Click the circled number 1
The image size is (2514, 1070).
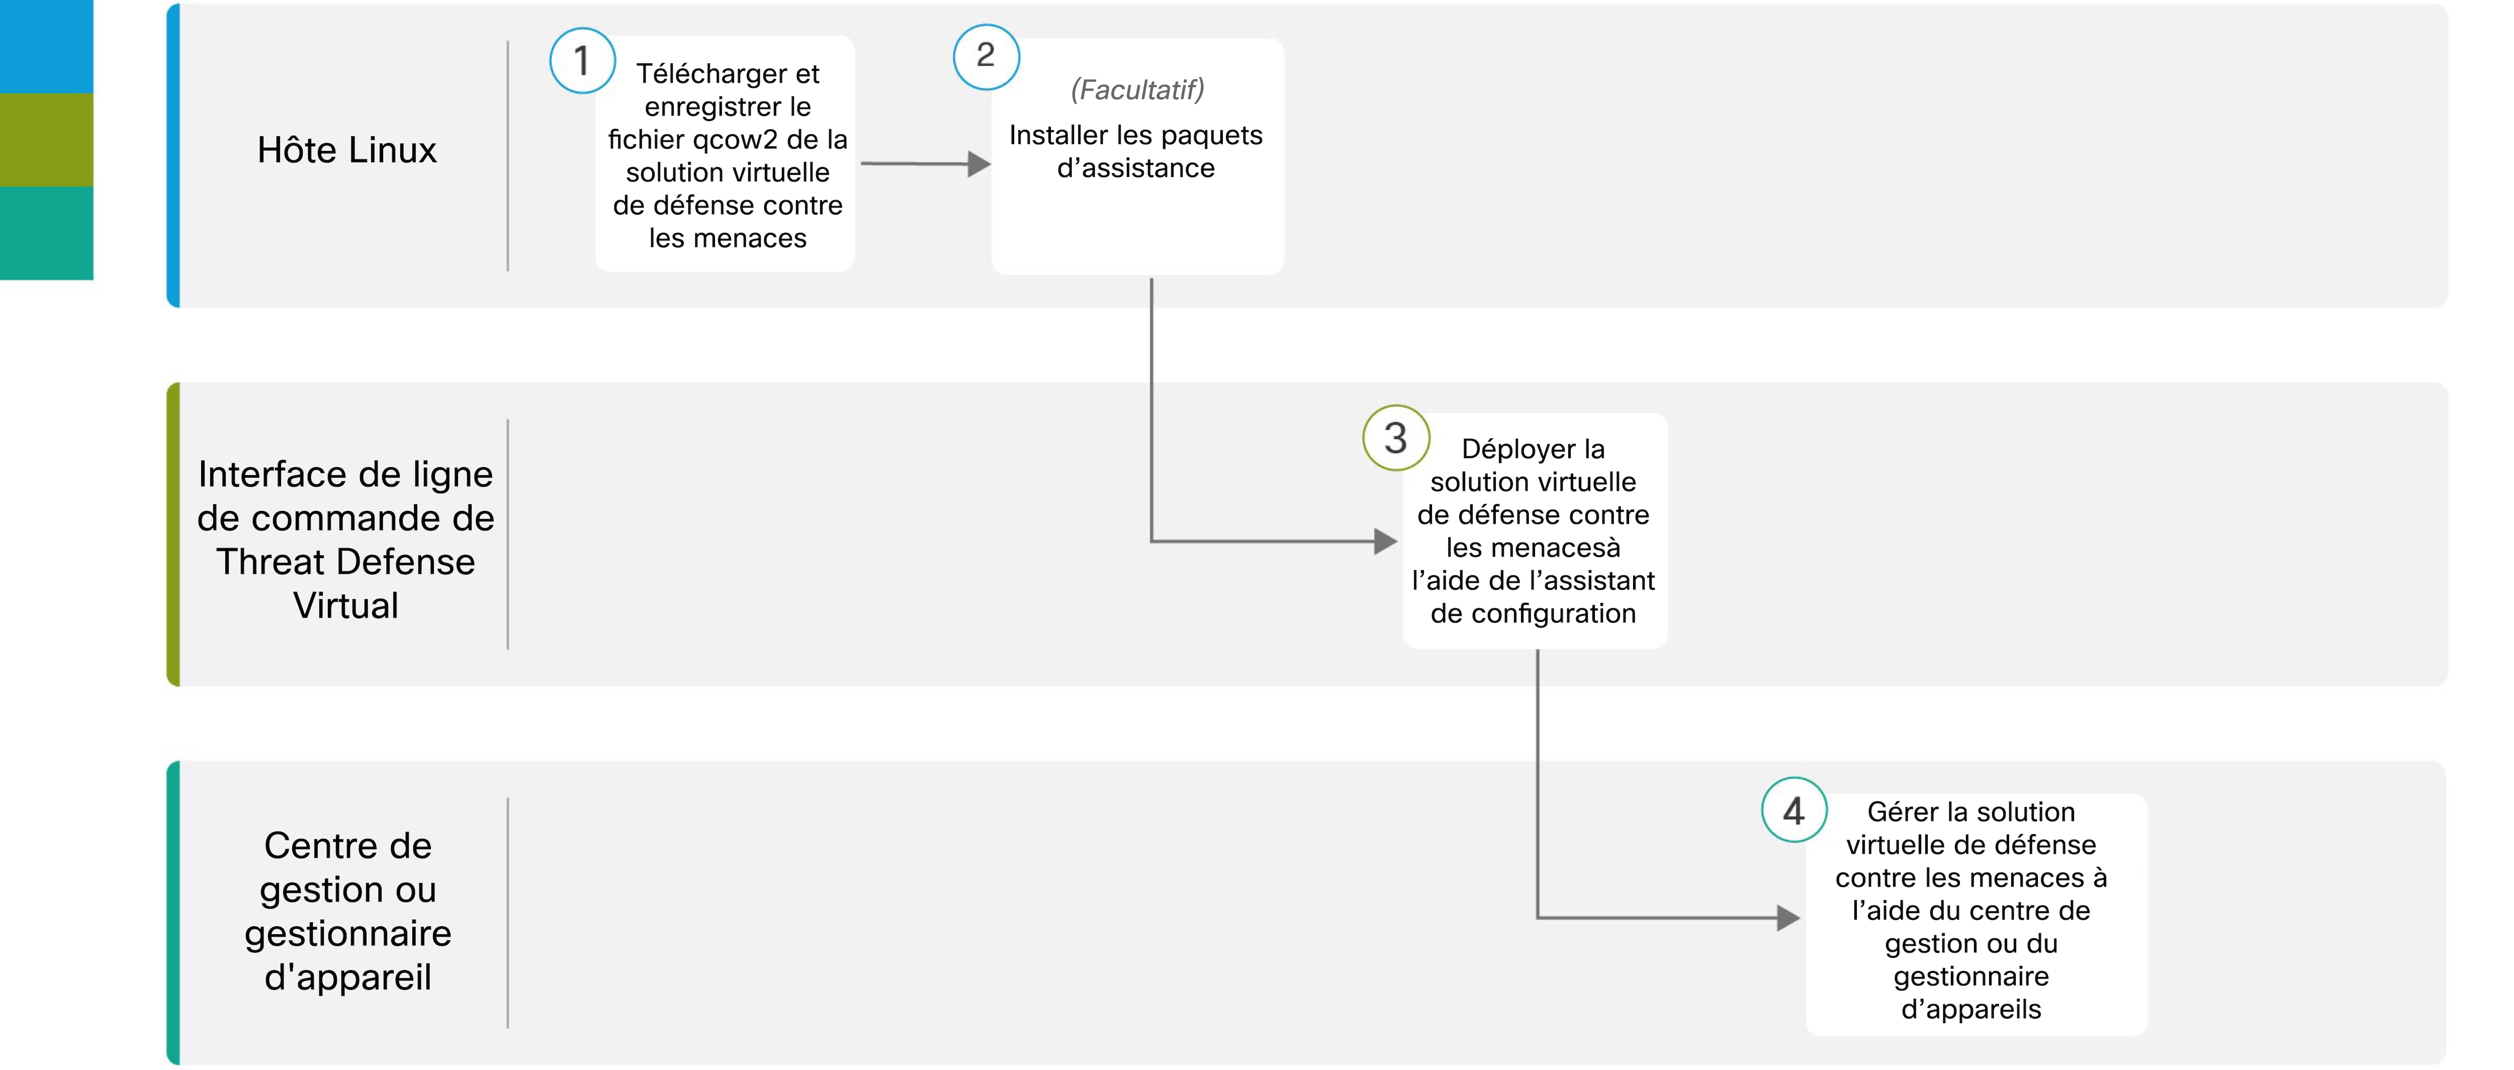pyautogui.click(x=583, y=60)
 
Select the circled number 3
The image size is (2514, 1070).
pyautogui.click(x=1397, y=438)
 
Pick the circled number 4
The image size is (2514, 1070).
pyautogui.click(x=1794, y=811)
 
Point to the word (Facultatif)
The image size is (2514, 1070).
pyautogui.click(x=1137, y=90)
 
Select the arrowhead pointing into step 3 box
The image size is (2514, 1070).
pyautogui.click(x=1386, y=541)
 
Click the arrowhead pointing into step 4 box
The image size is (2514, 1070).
pyautogui.click(x=1789, y=918)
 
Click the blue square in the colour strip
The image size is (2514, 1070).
pyautogui.click(x=47, y=47)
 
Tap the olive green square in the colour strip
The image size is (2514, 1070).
pyautogui.click(x=47, y=140)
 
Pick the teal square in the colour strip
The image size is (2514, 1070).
pyautogui.click(x=47, y=233)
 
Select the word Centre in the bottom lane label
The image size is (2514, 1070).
pyautogui.click(x=347, y=845)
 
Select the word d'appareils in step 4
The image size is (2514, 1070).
pyautogui.click(x=1971, y=1010)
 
